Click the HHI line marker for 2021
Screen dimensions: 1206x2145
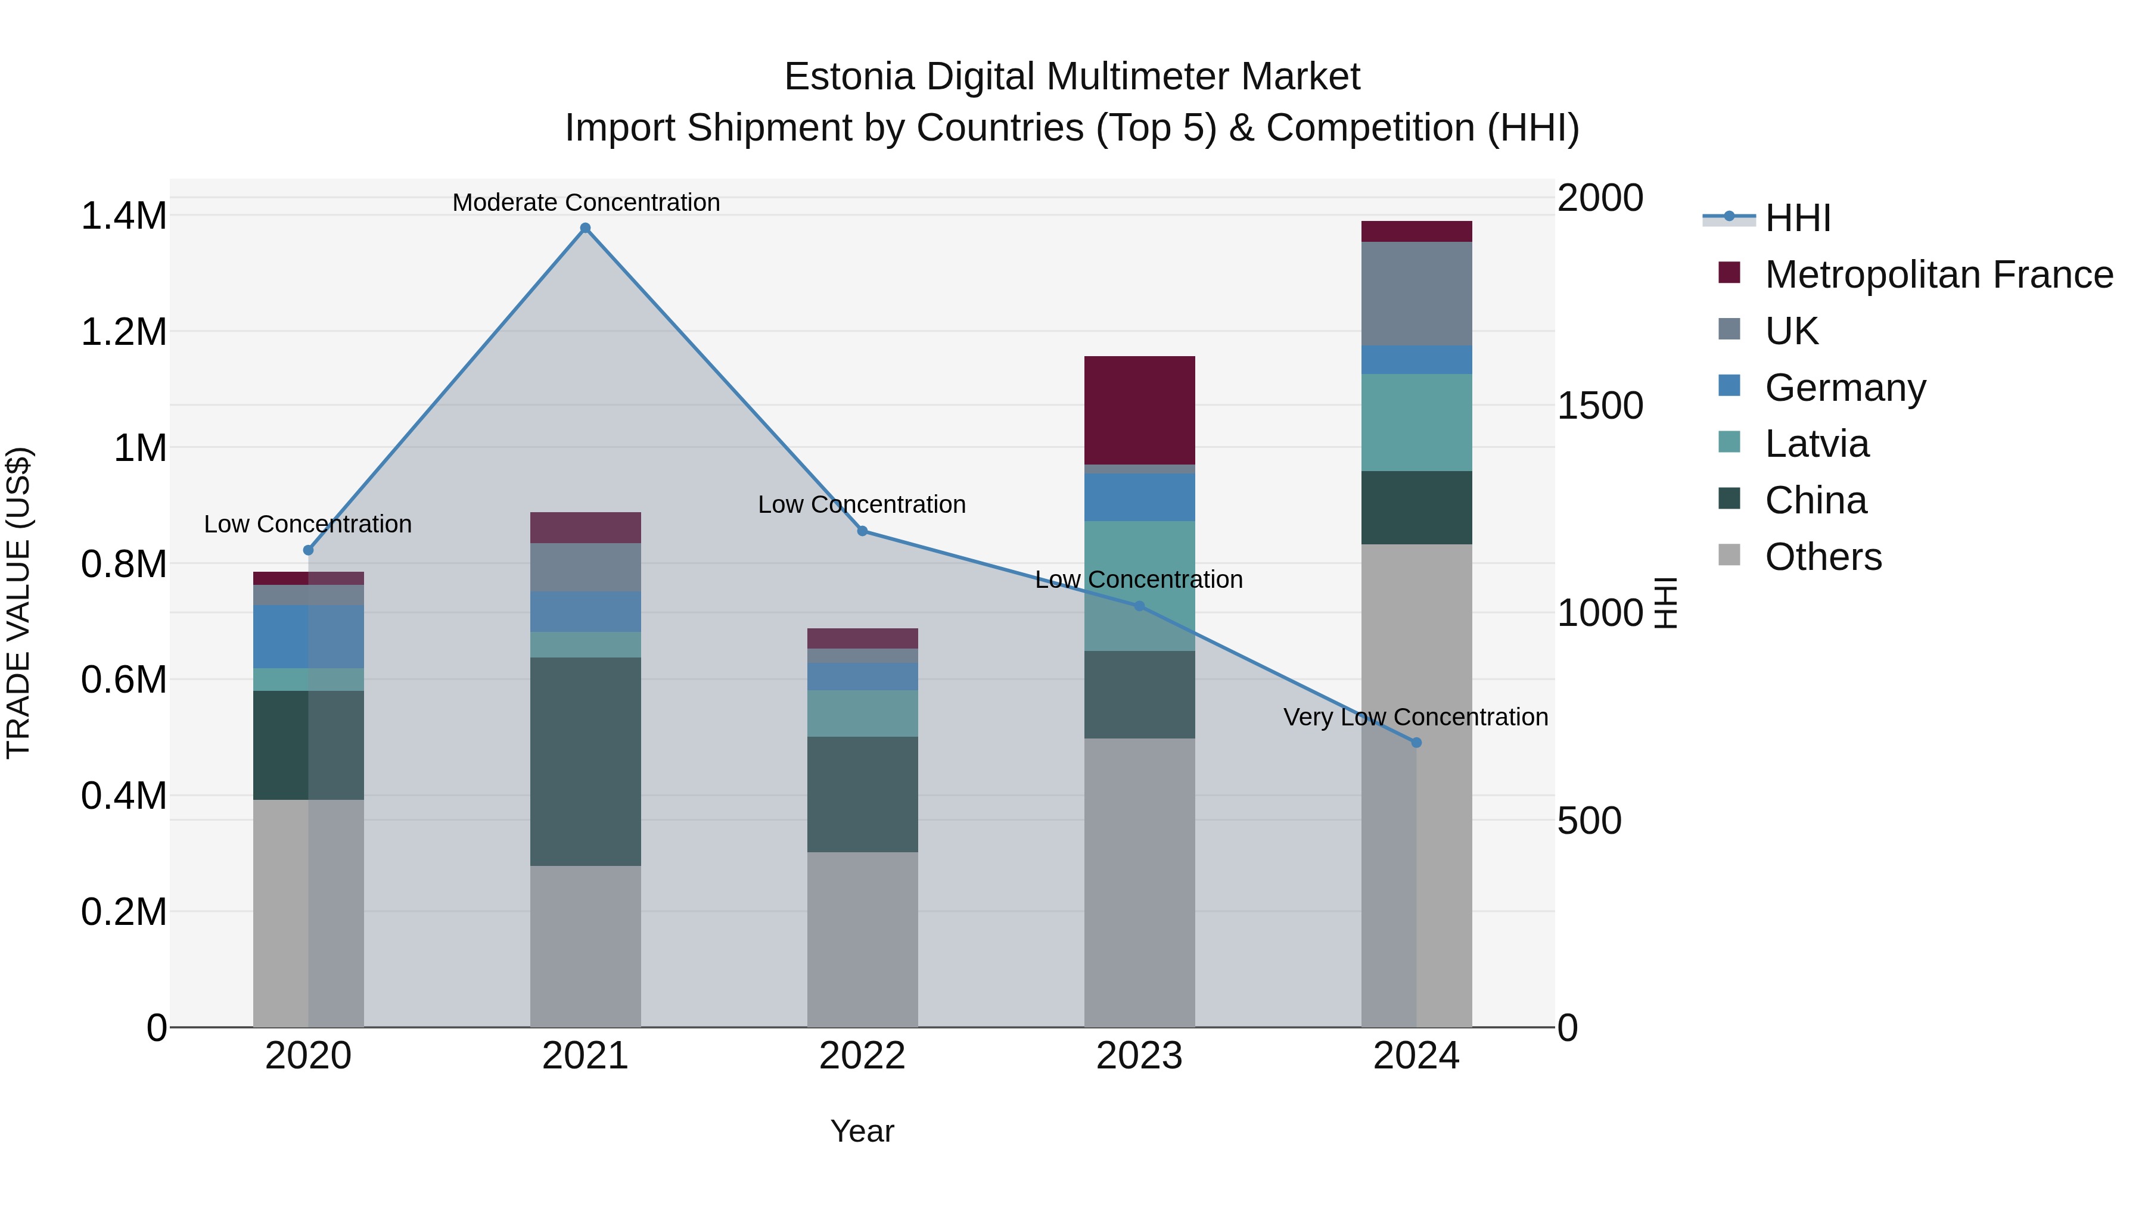click(585, 228)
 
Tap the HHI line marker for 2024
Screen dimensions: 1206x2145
click(1416, 743)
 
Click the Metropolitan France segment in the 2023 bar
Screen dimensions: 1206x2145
click(1139, 410)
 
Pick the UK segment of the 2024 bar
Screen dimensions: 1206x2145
click(1416, 294)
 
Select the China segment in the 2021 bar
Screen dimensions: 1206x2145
click(585, 762)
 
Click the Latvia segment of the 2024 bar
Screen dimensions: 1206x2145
click(1416, 423)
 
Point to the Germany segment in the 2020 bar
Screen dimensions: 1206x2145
click(308, 637)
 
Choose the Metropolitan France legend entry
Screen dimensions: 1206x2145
click(1938, 275)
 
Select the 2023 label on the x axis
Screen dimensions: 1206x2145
click(1139, 1056)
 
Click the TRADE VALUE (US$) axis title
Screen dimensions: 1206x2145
click(18, 603)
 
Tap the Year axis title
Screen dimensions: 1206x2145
click(862, 1131)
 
